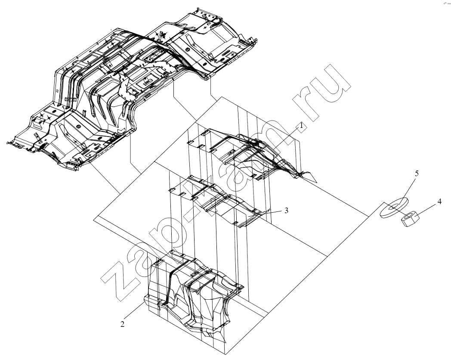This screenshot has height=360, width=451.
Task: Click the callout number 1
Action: [301, 125]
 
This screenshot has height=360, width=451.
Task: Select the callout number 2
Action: [123, 324]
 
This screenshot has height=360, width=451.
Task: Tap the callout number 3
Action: [286, 211]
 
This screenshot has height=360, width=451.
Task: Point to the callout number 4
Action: [439, 202]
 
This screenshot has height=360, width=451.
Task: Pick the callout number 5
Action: [417, 173]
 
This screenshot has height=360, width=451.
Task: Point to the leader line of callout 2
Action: [134, 311]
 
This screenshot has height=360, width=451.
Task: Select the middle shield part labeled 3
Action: [219, 202]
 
